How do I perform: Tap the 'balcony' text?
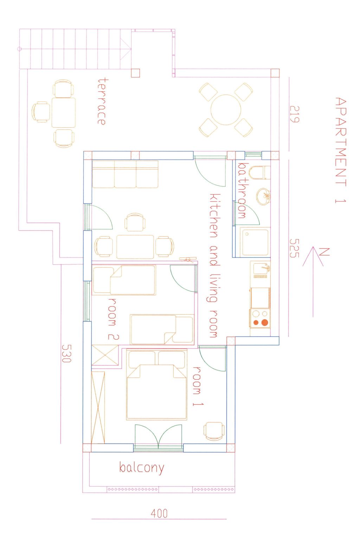142,468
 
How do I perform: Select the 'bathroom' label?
242,190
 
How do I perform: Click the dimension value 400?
159,514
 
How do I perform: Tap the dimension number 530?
66,353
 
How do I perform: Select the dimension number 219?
294,114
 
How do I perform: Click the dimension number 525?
294,248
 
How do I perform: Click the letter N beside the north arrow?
324,252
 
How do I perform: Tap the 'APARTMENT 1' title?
340,150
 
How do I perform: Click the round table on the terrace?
226,110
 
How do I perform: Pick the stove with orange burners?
260,318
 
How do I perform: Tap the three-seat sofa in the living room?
125,174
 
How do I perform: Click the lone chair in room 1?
214,431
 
